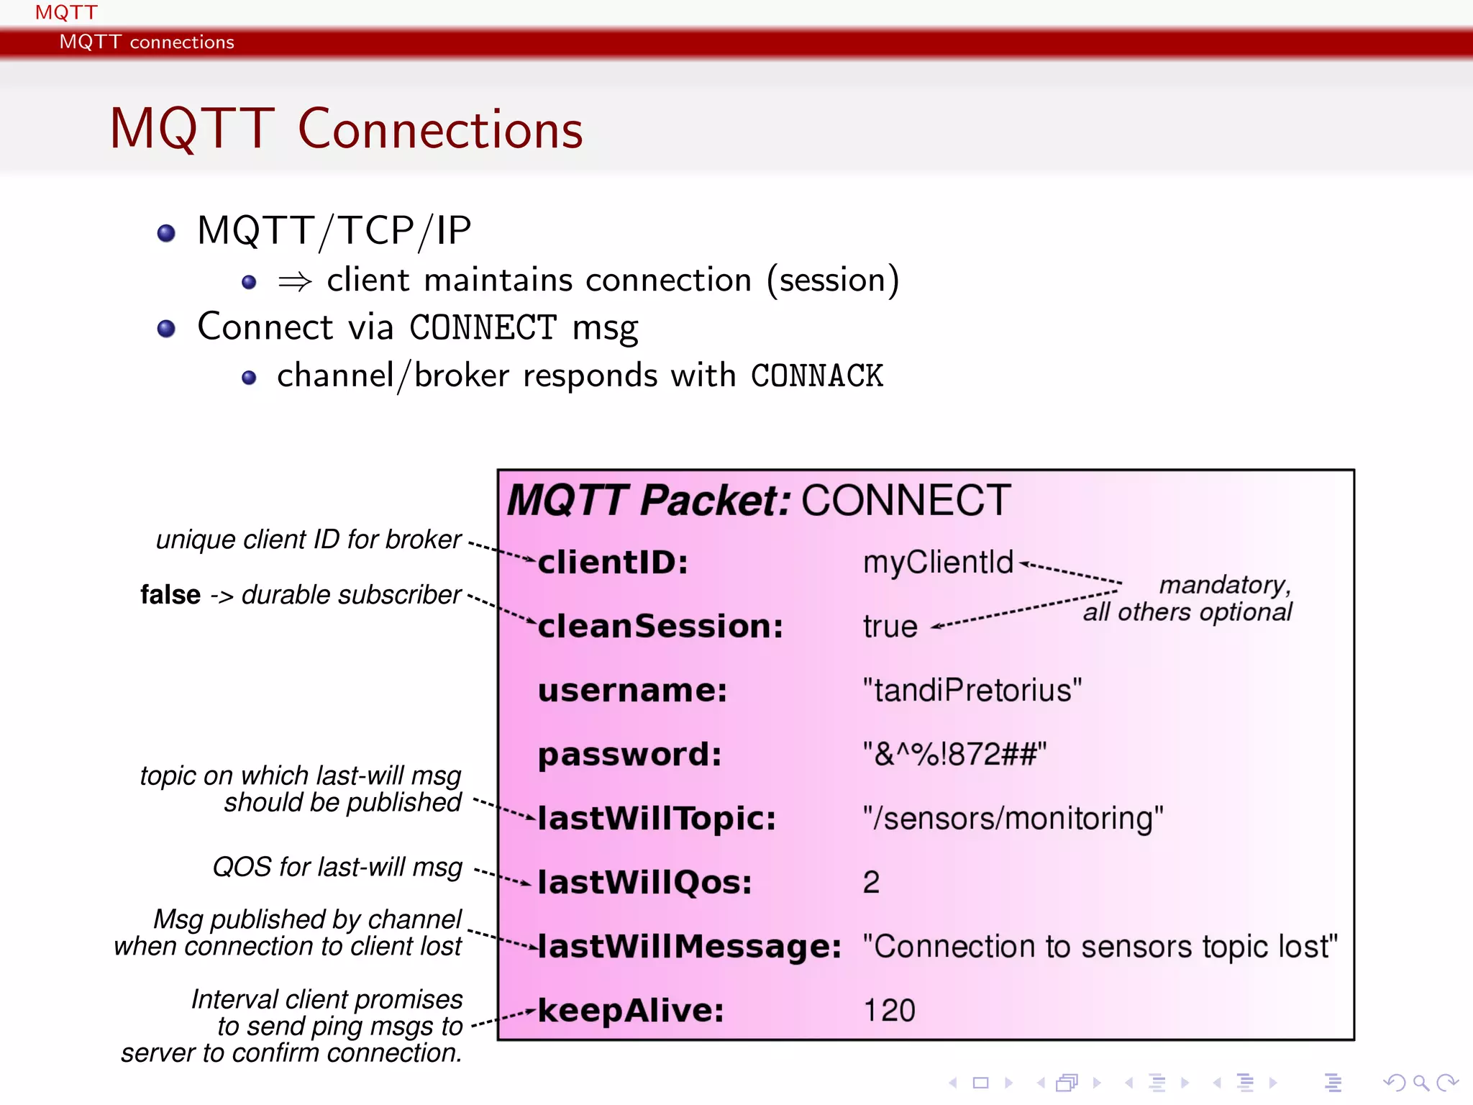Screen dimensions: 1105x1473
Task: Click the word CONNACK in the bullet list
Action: tap(816, 376)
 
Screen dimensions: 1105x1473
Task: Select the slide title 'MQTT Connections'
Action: tap(346, 129)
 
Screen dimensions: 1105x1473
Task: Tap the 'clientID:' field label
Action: tap(613, 563)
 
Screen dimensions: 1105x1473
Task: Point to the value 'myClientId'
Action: tap(937, 563)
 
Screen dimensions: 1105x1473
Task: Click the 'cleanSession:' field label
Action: tap(660, 627)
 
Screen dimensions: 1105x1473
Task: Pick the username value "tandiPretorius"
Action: tap(972, 691)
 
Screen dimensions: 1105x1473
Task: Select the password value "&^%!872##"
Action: tap(954, 755)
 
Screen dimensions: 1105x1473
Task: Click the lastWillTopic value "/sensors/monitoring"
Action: tap(1013, 819)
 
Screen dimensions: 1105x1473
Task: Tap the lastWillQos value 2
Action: tap(871, 883)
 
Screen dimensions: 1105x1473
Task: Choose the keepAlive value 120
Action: tap(889, 1011)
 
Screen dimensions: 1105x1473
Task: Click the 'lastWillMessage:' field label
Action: tap(689, 947)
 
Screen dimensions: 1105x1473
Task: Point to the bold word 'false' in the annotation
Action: tap(170, 595)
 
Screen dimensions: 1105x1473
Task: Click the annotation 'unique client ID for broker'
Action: tap(308, 540)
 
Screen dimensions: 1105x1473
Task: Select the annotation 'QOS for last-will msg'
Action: tap(337, 867)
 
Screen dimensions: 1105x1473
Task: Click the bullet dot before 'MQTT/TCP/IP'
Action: tap(166, 233)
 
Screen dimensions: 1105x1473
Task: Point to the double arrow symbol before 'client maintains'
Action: tap(295, 281)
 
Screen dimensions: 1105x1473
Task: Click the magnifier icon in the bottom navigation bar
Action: tap(1420, 1082)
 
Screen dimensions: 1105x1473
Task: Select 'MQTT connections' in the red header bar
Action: tap(147, 42)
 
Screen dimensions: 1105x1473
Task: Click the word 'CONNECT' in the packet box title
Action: tap(906, 501)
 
